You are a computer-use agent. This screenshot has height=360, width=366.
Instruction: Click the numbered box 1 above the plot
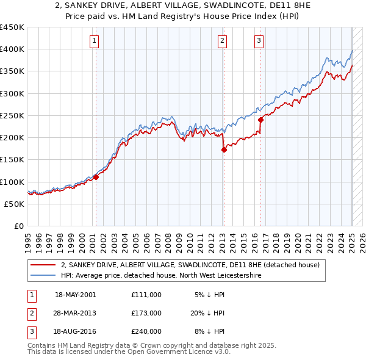coord(95,41)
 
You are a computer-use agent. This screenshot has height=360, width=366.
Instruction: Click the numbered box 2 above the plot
coord(222,41)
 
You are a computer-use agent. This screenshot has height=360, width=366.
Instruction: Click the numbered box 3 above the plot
coord(259,41)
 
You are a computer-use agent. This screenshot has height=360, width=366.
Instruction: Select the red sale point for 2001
coord(96,178)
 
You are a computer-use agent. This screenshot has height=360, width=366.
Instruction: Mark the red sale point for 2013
coord(223,149)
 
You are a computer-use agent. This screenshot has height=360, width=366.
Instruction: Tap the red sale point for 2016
coord(260,120)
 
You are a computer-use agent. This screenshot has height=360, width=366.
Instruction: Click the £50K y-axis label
coord(15,204)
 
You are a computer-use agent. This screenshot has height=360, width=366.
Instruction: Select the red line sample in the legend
coord(44,265)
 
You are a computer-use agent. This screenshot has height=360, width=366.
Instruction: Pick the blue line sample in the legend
coord(44,276)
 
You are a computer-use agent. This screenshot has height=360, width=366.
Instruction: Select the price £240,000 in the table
coord(146,331)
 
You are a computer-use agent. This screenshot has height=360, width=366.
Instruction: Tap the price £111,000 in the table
coord(146,295)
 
